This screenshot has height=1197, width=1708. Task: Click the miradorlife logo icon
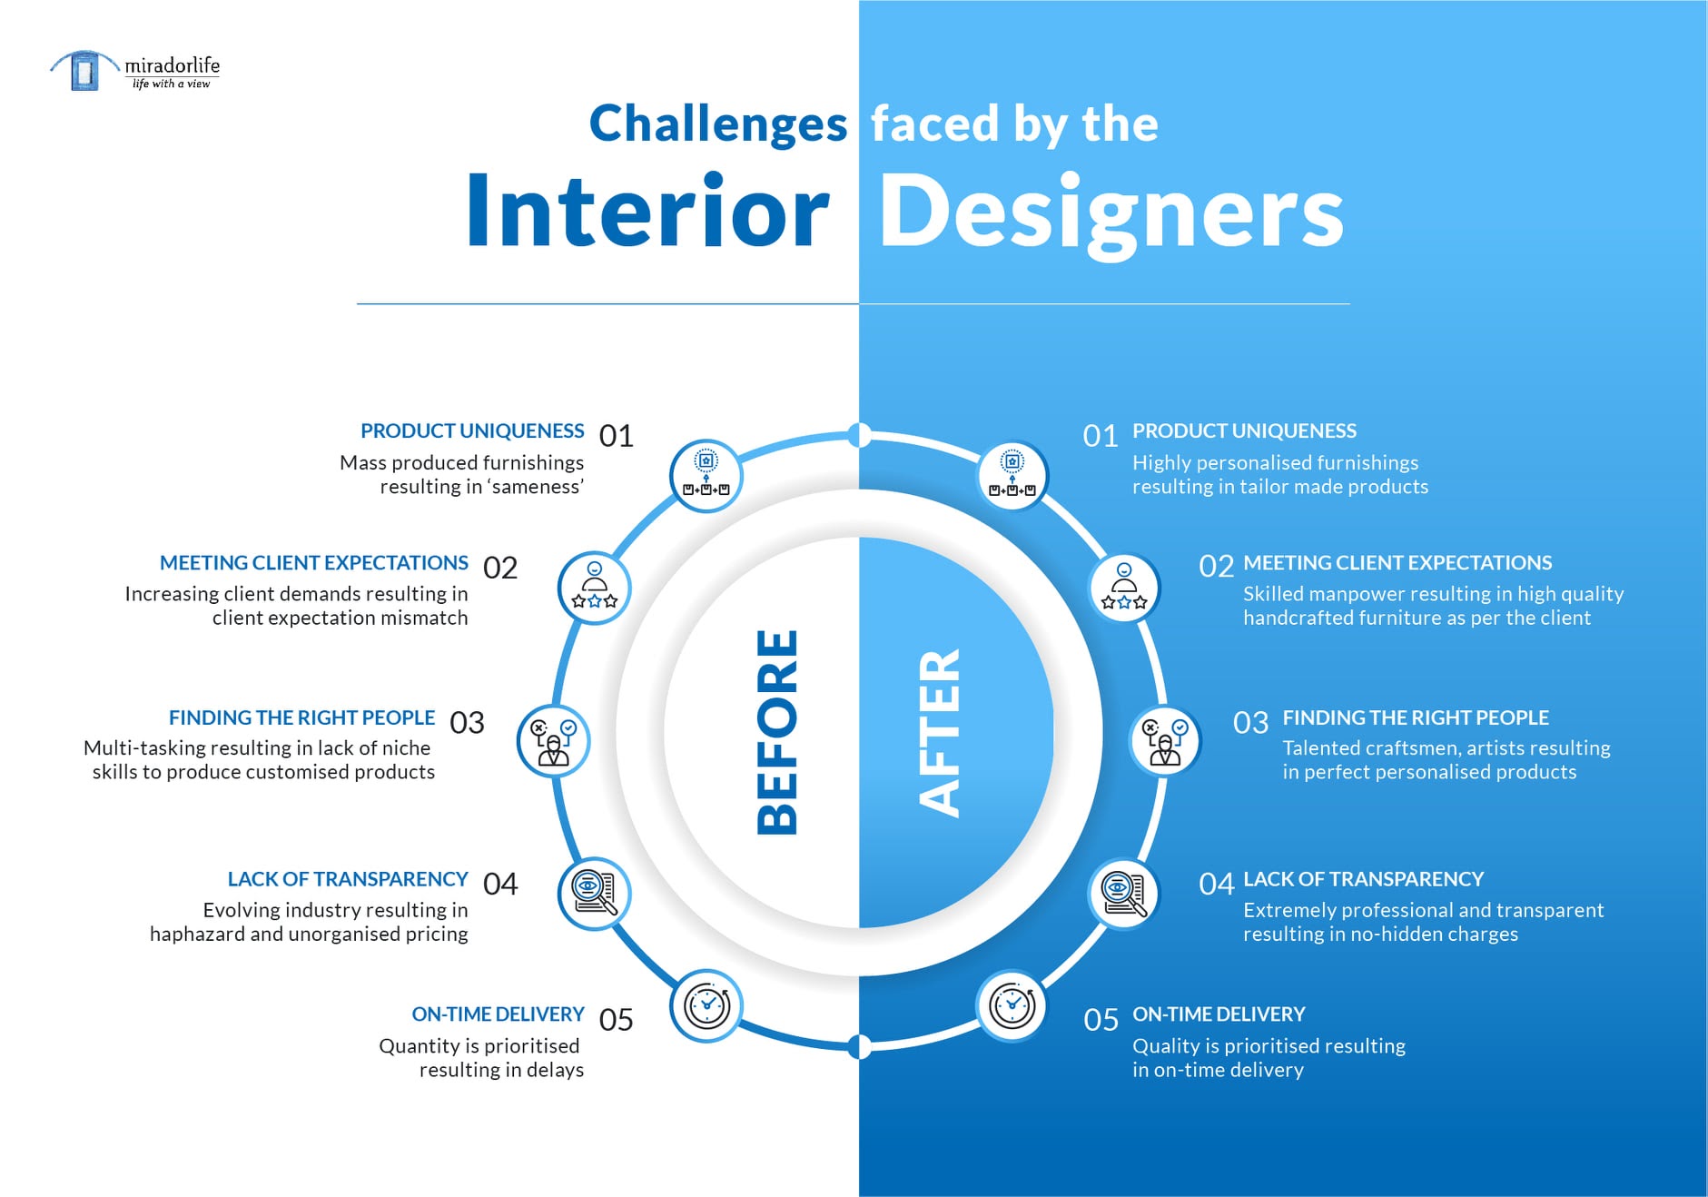pos(84,70)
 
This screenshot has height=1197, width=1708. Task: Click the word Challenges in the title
pos(718,124)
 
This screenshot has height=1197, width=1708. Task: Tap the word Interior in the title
pos(647,211)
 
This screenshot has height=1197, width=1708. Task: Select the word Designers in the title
pos(1111,214)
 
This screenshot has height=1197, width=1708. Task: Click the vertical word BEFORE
pos(777,732)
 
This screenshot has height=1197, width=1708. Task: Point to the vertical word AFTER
pos(939,732)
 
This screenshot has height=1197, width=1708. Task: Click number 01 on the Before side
pos(616,436)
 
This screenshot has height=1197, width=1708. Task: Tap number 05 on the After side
pos(1101,1020)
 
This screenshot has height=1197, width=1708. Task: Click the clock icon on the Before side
pos(706,1006)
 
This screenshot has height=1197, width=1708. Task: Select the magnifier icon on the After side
pos(1124,894)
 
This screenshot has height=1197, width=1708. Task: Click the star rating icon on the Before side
pos(594,588)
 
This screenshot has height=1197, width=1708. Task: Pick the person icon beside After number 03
pos(1165,740)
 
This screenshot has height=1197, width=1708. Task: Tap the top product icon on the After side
pos(1012,476)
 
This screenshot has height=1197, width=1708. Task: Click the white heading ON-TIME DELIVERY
pos(1219,1014)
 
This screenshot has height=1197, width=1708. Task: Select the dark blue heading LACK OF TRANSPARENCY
pos(348,879)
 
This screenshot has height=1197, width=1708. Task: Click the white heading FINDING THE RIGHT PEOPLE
pos(1416,717)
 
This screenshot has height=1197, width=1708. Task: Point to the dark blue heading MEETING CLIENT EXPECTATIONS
pos(314,563)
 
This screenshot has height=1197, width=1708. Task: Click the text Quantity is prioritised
pos(479,1046)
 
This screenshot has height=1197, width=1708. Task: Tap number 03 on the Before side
pos(467,723)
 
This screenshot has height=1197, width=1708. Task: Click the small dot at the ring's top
pos(859,435)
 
